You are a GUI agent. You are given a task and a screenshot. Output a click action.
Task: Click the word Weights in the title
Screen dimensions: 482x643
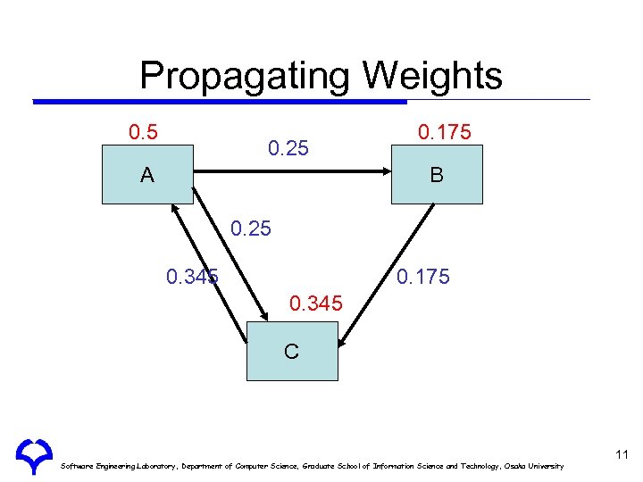pos(432,77)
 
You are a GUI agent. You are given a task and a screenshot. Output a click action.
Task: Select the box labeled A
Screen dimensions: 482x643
pos(146,175)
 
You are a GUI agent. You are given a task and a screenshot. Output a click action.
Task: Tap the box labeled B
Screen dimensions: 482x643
pos(436,175)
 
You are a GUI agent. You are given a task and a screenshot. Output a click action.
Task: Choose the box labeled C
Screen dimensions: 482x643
pos(292,351)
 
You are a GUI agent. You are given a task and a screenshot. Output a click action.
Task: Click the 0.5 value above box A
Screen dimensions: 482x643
pos(144,133)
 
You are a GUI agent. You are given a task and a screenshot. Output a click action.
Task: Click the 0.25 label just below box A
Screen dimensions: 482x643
pos(251,229)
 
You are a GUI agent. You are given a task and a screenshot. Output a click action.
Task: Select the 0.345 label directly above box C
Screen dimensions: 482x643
pos(315,304)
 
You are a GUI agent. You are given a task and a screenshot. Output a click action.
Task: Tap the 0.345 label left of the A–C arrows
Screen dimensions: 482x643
pos(193,277)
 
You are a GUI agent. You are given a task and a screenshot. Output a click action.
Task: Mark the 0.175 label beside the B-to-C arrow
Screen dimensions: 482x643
pos(423,277)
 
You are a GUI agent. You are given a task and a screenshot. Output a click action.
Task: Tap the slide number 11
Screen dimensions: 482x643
pos(622,455)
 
